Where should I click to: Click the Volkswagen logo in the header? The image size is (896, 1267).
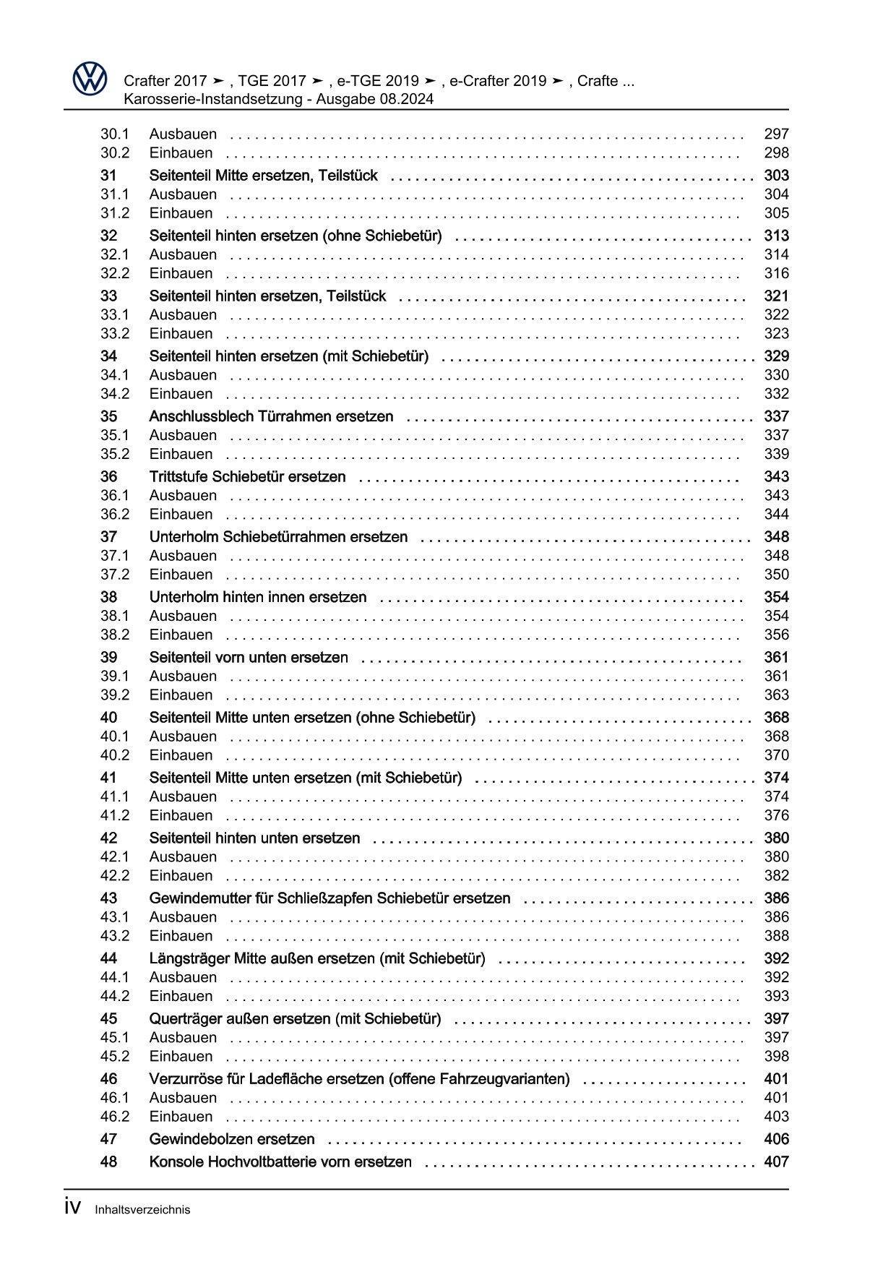(90, 78)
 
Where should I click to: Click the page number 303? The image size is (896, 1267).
(776, 176)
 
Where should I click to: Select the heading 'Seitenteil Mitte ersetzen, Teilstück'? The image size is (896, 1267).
(263, 176)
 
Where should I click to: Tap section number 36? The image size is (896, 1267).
(108, 477)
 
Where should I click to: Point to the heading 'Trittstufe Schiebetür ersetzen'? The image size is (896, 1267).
(247, 477)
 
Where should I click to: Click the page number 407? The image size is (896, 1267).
(776, 1162)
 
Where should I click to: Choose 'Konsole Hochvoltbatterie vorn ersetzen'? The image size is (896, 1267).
(280, 1162)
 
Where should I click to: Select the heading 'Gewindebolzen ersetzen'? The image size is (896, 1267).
(232, 1140)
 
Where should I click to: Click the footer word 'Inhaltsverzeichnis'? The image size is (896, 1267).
(142, 1210)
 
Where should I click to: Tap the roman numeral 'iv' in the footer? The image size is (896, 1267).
(72, 1208)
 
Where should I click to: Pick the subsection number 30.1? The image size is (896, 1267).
(114, 134)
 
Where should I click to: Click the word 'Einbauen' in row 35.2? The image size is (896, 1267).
(181, 455)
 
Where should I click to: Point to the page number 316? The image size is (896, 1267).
(776, 274)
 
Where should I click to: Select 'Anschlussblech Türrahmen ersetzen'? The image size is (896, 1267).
(271, 417)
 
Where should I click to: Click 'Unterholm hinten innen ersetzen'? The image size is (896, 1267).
(258, 598)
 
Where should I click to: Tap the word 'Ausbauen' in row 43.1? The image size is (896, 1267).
(183, 917)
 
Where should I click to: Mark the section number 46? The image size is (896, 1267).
(108, 1079)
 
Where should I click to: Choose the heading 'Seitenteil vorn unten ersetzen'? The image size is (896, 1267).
(249, 658)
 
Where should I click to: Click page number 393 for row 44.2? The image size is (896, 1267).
(776, 997)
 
